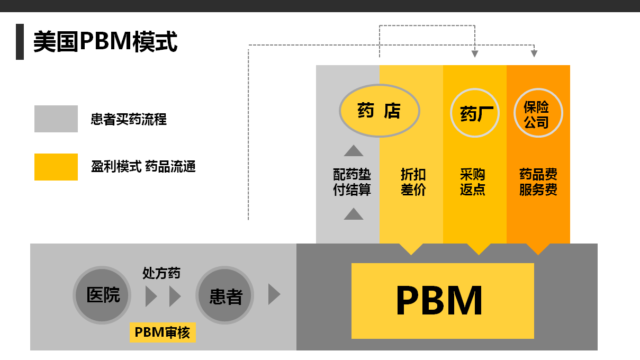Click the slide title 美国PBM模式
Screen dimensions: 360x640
pyautogui.click(x=105, y=42)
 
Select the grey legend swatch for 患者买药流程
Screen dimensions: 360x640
pyautogui.click(x=56, y=119)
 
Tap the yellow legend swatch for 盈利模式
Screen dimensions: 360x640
pyautogui.click(x=56, y=167)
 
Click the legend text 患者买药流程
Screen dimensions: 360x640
pyautogui.click(x=129, y=119)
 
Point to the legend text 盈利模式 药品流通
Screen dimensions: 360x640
pyautogui.click(x=143, y=167)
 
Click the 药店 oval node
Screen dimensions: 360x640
pyautogui.click(x=379, y=111)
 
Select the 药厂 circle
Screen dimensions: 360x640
pyautogui.click(x=475, y=113)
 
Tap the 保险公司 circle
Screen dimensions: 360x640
pyautogui.click(x=538, y=113)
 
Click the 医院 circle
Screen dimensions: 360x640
pyautogui.click(x=102, y=295)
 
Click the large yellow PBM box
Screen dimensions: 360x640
pyautogui.click(x=443, y=301)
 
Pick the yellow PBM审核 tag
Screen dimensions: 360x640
pyautogui.click(x=163, y=332)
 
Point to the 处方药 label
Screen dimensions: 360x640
pyautogui.click(x=161, y=273)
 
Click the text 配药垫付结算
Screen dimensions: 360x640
pyautogui.click(x=352, y=182)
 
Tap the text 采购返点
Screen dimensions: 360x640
pyautogui.click(x=473, y=182)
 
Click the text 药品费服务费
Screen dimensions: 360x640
pyautogui.click(x=538, y=182)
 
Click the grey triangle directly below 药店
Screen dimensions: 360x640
pyautogui.click(x=354, y=151)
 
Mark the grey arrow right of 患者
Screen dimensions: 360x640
pyautogui.click(x=274, y=294)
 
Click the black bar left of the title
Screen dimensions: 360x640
pyautogui.click(x=20, y=42)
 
